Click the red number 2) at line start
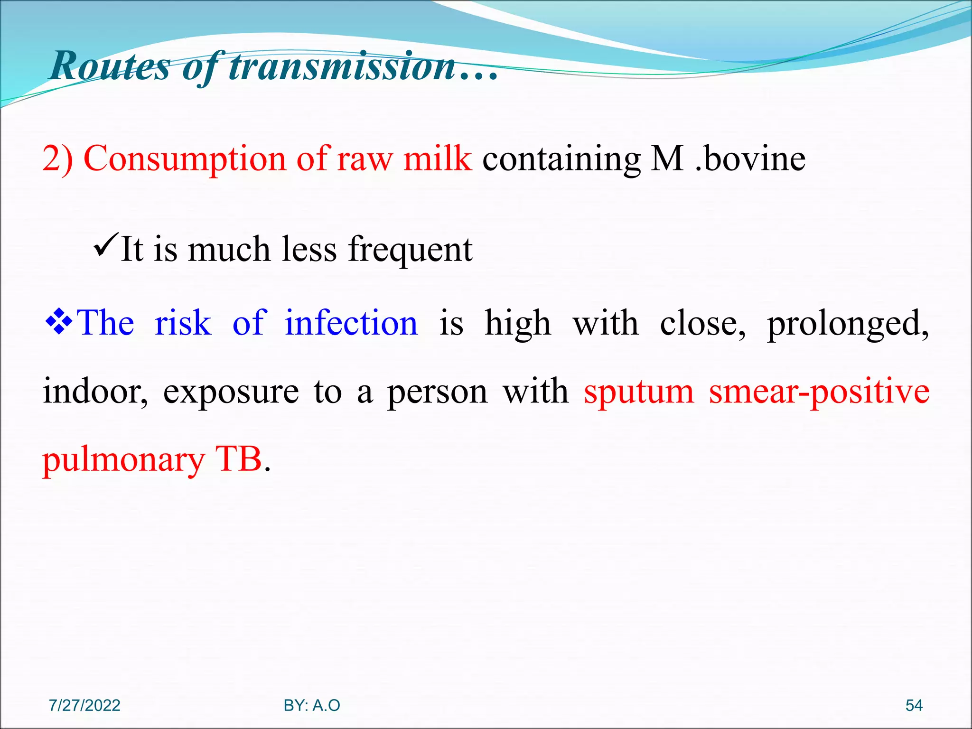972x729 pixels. point(57,159)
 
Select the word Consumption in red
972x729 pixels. point(185,159)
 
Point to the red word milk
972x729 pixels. point(437,159)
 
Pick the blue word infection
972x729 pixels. point(351,323)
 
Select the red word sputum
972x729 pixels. point(638,392)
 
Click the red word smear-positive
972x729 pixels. point(819,392)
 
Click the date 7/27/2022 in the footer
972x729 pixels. point(84,705)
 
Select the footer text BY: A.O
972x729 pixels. point(312,705)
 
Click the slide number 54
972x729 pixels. point(914,705)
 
